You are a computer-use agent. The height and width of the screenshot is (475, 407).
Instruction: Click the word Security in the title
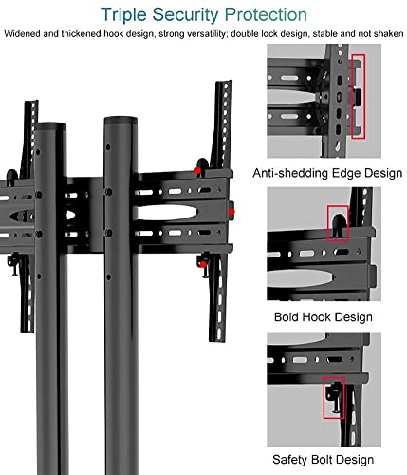[185, 15]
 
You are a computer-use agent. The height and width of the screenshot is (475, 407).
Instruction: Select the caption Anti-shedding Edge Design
[327, 173]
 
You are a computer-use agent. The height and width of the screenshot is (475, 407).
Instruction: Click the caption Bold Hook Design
[324, 317]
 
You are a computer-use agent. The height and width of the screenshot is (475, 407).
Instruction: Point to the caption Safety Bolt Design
[323, 460]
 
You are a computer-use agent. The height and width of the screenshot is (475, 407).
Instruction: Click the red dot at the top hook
[197, 171]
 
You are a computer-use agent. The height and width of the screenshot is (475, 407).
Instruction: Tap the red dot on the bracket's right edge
[231, 211]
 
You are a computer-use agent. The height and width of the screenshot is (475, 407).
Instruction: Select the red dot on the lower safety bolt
[203, 264]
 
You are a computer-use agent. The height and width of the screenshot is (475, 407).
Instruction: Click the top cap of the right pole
[120, 122]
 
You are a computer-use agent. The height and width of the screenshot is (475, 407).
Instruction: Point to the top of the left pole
[50, 125]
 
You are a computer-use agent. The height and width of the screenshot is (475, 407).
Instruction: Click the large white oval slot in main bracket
[167, 212]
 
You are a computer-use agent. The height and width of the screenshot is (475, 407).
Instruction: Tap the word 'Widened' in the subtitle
[22, 33]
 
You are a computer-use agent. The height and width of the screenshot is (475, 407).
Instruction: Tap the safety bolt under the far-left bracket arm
[14, 264]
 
